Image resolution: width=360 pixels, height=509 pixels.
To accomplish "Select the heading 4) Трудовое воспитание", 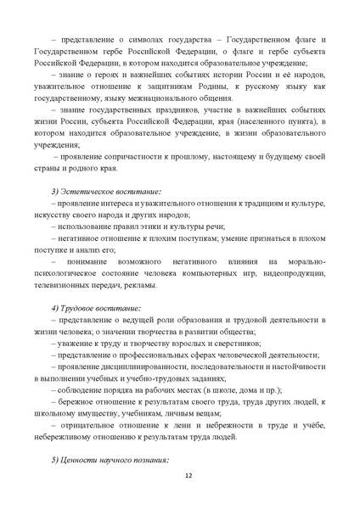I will [x=98, y=306].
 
